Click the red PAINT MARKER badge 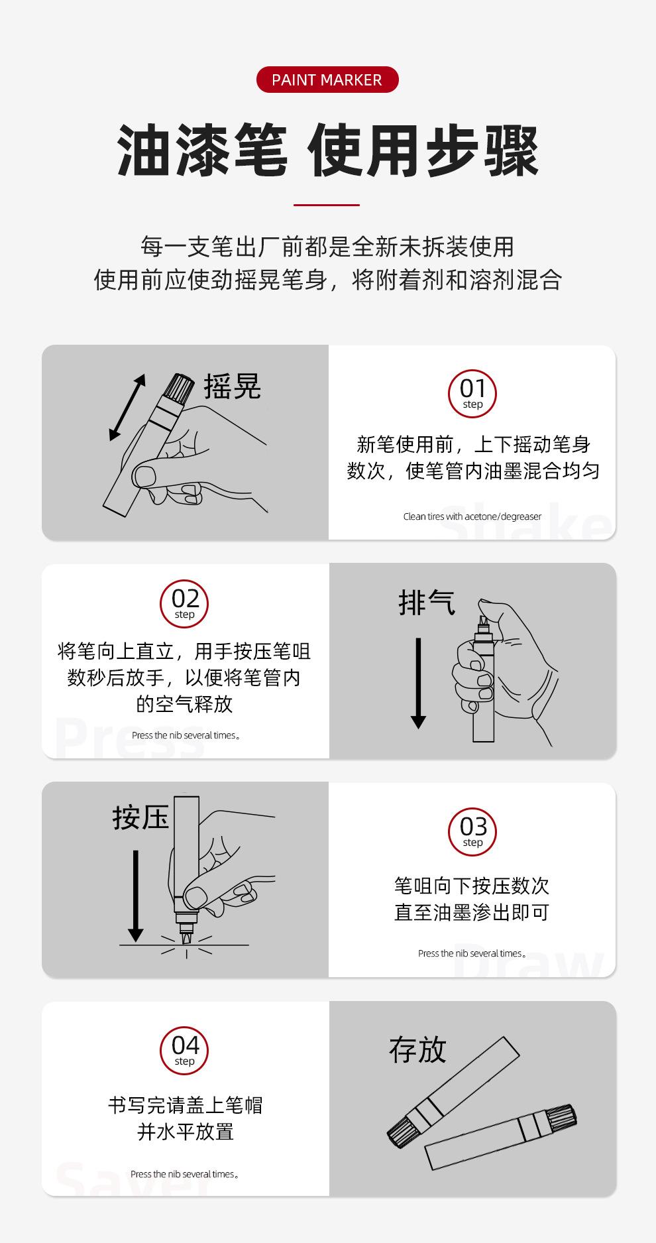point(327,80)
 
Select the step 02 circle point(184,604)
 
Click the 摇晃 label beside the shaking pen point(232,386)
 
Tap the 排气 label point(427,603)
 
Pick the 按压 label point(141,817)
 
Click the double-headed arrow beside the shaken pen point(127,407)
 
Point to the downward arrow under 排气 point(418,683)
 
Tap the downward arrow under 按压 point(135,896)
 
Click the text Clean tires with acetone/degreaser point(472,516)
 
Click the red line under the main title point(327,205)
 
